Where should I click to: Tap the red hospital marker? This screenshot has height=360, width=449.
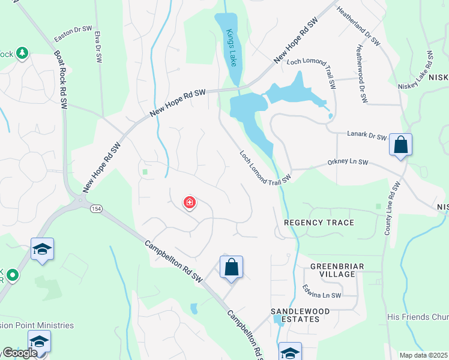pos(190,203)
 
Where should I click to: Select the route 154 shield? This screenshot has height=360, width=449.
pos(95,208)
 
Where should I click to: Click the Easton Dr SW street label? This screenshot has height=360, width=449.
pos(73,33)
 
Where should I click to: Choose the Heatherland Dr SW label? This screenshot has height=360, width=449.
pos(358,26)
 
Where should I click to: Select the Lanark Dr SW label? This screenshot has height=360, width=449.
pos(366,137)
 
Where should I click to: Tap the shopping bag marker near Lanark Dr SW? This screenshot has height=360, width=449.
pos(400,145)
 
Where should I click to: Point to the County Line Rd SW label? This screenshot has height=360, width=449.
pos(391,207)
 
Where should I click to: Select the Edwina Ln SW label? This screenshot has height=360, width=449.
pos(321,291)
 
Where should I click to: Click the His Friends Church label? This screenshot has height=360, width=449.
pos(418,316)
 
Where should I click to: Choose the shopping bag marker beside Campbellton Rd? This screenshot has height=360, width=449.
pos(231,267)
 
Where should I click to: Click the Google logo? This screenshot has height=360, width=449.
pos(19,353)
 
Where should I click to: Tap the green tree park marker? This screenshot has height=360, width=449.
pos(22,53)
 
